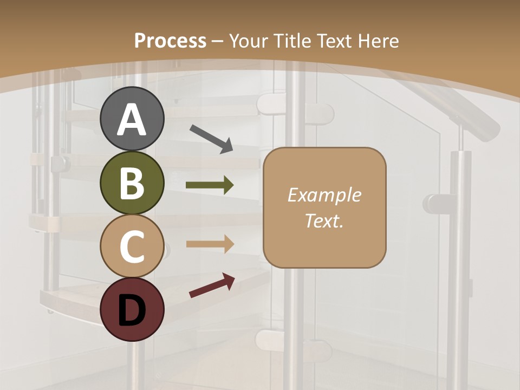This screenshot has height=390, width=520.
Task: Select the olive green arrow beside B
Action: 210,185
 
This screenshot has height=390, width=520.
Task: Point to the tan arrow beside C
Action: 210,244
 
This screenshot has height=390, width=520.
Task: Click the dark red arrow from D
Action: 212,285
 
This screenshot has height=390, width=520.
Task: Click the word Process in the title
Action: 170,41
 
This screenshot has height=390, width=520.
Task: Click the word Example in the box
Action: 324,195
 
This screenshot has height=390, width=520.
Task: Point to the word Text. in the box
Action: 324,220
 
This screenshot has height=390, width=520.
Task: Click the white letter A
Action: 132,120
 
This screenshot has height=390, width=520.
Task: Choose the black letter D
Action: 132,310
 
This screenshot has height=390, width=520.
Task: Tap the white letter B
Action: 132,183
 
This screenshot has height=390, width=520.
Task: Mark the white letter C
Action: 132,246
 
